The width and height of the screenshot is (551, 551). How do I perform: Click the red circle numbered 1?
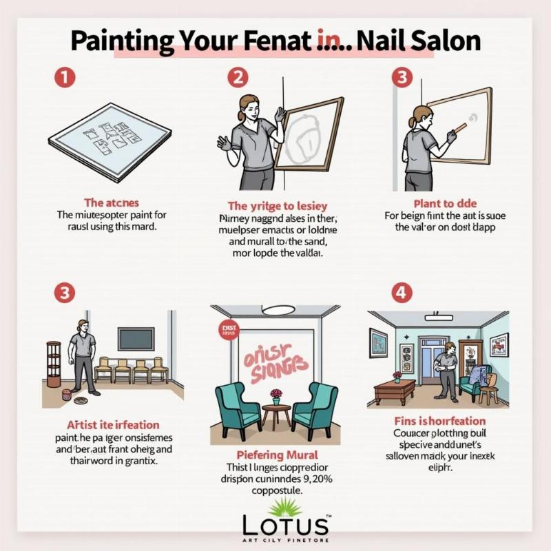[x=64, y=78]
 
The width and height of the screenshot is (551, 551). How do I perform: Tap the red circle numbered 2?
[x=238, y=78]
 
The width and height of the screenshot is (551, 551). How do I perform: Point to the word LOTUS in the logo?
[x=285, y=526]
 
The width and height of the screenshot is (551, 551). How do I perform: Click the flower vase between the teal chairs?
[x=277, y=396]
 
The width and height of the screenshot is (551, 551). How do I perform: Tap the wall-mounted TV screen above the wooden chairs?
[x=135, y=339]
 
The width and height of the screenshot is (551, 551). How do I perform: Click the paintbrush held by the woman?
[x=459, y=128]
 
